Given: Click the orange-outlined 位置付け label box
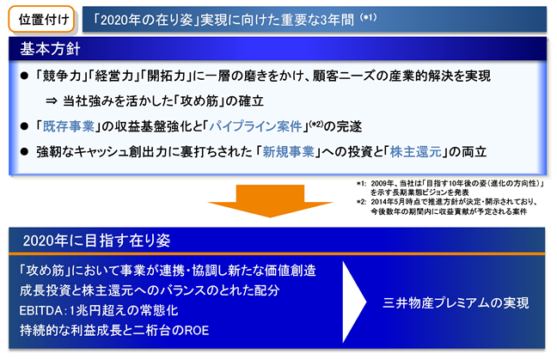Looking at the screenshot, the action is coord(41,19).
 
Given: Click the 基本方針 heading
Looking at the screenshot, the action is coord(50,49).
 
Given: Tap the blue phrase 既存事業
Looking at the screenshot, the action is coord(69,126).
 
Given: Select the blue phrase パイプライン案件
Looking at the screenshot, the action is coord(256,126).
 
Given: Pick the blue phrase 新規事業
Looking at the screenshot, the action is coord(289,152).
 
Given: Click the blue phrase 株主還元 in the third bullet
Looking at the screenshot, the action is coord(416,152).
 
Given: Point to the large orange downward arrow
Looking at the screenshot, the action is coord(270,200).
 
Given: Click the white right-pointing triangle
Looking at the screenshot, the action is coord(354,302).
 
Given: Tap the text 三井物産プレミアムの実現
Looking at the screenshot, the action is coord(456,302).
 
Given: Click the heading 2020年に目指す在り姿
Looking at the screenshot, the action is coord(96,241).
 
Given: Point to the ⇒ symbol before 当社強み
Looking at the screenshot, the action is coord(52,101).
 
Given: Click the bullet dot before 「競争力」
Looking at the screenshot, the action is coord(24,76).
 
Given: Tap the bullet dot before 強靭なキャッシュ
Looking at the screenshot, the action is coord(24,152).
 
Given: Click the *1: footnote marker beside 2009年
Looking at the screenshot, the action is coord(361,184).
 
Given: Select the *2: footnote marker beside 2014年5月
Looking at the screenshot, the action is coord(361,202).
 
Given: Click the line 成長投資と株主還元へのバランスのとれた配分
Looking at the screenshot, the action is coord(150,290).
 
